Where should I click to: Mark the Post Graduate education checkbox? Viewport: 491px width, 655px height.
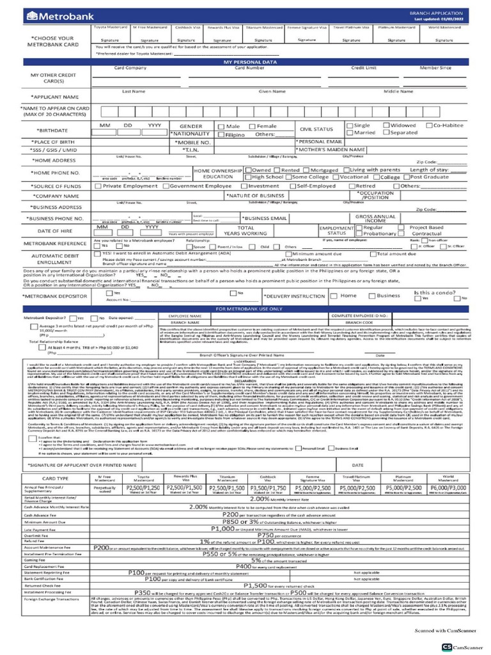[x=407, y=177]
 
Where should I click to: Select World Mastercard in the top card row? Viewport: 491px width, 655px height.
[x=461, y=29]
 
